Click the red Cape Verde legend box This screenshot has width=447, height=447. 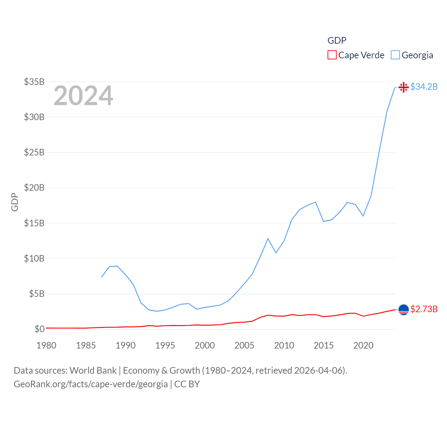[x=332, y=55]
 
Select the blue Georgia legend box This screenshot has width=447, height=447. [x=395, y=55]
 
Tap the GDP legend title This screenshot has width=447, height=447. [x=337, y=41]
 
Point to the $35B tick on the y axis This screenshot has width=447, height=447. [x=34, y=82]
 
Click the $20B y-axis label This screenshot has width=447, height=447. [x=34, y=188]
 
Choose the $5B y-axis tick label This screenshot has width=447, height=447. [x=37, y=294]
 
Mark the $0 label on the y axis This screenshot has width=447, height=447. [x=39, y=329]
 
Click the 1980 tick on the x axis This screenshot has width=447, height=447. [x=46, y=345]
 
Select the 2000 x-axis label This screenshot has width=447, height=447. [x=205, y=345]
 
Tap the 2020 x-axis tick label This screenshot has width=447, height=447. [x=363, y=345]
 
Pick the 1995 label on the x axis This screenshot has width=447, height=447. [x=165, y=345]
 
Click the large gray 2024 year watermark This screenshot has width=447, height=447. [x=83, y=96]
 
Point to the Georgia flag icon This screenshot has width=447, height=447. [x=404, y=87]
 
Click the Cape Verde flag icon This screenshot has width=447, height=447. [x=404, y=309]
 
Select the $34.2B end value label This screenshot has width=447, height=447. [x=424, y=87]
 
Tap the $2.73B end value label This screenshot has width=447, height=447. [x=424, y=309]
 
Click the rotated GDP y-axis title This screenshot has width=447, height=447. [x=15, y=202]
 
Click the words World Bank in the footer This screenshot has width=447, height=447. [x=93, y=370]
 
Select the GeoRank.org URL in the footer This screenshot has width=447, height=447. [x=90, y=384]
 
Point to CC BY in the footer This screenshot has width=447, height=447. [x=187, y=384]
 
